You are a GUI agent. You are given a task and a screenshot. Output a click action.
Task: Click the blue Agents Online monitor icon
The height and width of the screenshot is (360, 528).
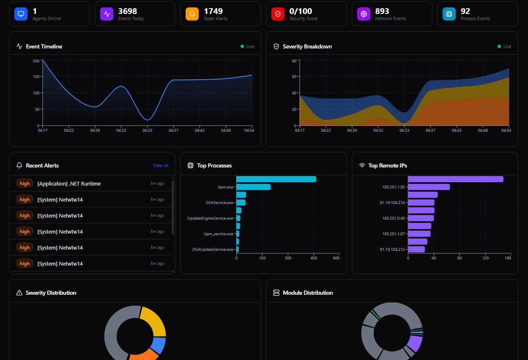(x=21, y=14)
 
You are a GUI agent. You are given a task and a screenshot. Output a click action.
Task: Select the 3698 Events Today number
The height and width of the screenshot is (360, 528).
(x=127, y=11)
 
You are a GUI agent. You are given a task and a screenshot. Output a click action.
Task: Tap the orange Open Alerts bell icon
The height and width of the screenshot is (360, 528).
(x=192, y=14)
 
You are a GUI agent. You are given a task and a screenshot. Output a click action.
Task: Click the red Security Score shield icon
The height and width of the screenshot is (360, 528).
(x=278, y=14)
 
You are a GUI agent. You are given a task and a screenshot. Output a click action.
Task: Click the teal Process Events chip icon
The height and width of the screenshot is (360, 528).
(x=449, y=14)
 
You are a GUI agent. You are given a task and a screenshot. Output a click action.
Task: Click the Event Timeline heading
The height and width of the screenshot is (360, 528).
(x=44, y=46)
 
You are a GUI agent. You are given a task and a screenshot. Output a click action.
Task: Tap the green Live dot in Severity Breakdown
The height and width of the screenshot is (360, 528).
(x=499, y=46)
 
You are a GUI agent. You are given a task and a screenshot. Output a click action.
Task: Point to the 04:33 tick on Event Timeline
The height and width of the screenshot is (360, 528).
(x=147, y=131)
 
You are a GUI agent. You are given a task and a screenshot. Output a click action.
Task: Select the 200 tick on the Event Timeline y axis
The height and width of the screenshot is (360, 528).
(x=36, y=61)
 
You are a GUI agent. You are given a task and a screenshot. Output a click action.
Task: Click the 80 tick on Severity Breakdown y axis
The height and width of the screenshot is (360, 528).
(x=294, y=61)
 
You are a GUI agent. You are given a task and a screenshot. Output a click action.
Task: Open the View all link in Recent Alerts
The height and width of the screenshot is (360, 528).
(x=161, y=165)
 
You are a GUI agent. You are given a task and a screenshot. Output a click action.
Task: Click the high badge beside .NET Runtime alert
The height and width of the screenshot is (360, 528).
(x=25, y=183)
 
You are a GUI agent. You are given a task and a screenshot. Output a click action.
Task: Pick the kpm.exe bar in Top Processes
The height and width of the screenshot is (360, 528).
(x=253, y=187)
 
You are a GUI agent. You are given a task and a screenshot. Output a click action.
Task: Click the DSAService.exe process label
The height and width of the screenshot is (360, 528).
(x=219, y=202)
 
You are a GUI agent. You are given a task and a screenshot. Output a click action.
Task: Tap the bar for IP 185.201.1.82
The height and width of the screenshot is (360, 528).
(x=429, y=187)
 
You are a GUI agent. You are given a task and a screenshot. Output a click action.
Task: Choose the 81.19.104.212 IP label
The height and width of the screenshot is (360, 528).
(x=393, y=249)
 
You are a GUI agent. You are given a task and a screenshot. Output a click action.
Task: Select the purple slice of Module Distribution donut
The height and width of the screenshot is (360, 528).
(x=415, y=343)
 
